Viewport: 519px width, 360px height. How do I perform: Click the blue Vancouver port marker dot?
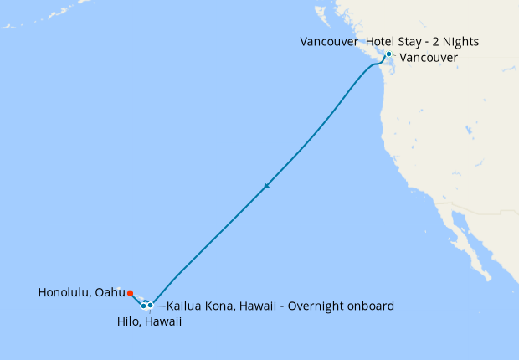[388, 54]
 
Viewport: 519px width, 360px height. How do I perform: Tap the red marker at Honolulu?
[130, 293]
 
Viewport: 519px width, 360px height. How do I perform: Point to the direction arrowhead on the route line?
[266, 186]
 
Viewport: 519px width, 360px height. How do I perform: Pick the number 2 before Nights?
[434, 41]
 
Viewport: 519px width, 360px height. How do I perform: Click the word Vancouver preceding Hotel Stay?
[328, 41]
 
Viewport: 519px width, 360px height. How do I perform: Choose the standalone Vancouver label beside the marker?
[429, 58]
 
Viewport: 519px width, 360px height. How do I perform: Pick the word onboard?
[370, 306]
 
